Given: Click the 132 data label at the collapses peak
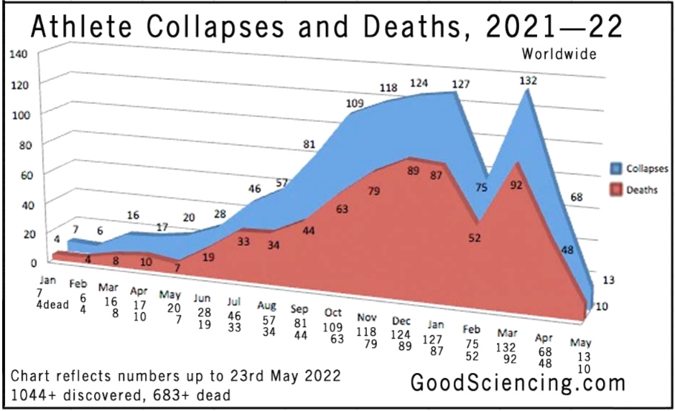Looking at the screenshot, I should (529, 81).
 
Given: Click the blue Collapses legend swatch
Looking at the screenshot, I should (615, 170).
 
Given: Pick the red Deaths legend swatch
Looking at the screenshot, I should (615, 190).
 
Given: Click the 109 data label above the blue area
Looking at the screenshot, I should (355, 103).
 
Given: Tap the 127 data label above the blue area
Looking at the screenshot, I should (460, 85).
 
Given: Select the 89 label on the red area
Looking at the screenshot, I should (413, 171).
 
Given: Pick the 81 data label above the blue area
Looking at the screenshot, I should (309, 145).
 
